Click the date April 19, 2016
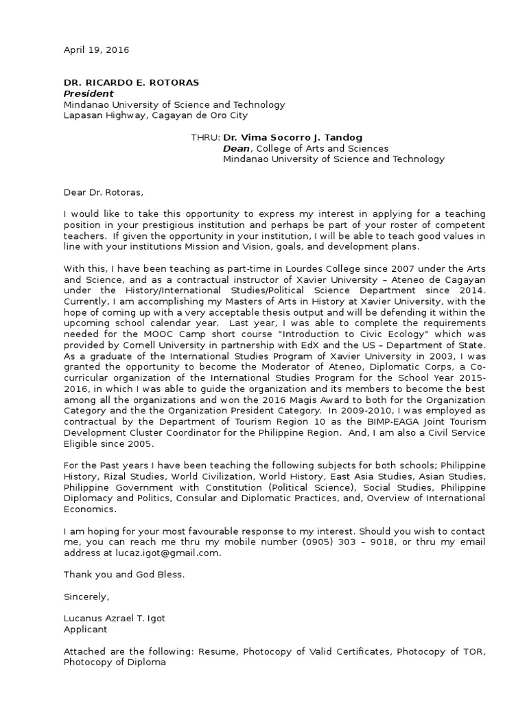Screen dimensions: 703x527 96,50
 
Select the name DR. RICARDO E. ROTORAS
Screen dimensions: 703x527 131,82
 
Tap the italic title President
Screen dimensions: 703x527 89,93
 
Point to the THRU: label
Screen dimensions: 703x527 205,137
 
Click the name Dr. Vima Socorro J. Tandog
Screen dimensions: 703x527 286,137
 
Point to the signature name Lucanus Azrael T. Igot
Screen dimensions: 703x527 115,619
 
